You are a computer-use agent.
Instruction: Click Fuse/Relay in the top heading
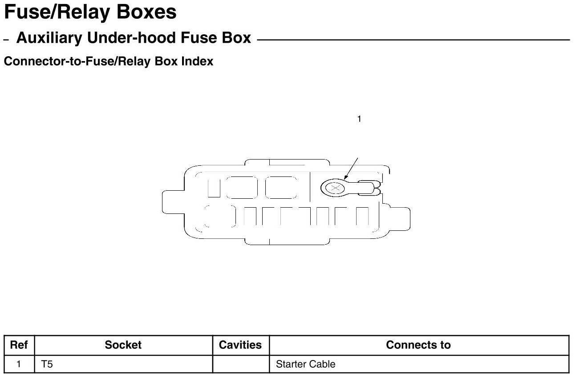click(x=57, y=12)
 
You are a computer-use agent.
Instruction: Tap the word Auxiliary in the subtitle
click(x=49, y=38)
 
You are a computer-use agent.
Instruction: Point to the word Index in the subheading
click(x=197, y=61)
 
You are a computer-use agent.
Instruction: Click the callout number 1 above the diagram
click(x=359, y=119)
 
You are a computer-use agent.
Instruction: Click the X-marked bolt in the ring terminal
click(x=333, y=188)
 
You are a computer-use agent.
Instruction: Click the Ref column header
click(x=19, y=345)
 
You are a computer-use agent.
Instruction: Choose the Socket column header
click(x=123, y=345)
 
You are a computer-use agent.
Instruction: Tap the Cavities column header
click(x=240, y=345)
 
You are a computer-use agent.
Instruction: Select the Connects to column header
click(x=418, y=345)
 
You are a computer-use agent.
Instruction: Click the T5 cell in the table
click(x=47, y=364)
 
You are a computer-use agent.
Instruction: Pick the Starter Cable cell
click(x=305, y=364)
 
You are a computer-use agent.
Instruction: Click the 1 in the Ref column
click(x=19, y=364)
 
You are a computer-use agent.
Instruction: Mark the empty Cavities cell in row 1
click(x=240, y=364)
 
